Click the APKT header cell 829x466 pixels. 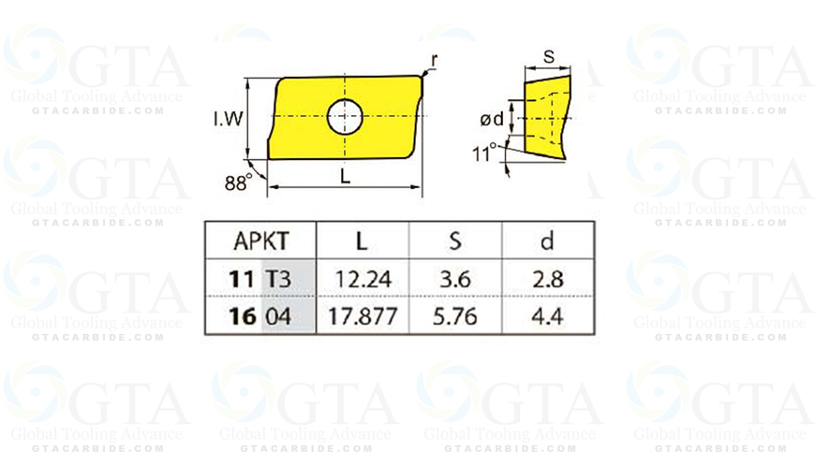259,241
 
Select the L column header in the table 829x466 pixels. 363,241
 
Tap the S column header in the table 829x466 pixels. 455,241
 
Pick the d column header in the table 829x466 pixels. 547,241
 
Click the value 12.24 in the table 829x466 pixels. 363,278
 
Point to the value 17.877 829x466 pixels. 363,315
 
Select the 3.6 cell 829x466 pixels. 455,278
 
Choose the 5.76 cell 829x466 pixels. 455,315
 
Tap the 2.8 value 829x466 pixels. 547,278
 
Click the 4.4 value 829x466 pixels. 547,315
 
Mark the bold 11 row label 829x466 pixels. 241,278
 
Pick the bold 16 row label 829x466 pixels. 241,315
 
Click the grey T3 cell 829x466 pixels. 280,278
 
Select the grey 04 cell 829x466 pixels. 279,315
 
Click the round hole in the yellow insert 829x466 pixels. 344,117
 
